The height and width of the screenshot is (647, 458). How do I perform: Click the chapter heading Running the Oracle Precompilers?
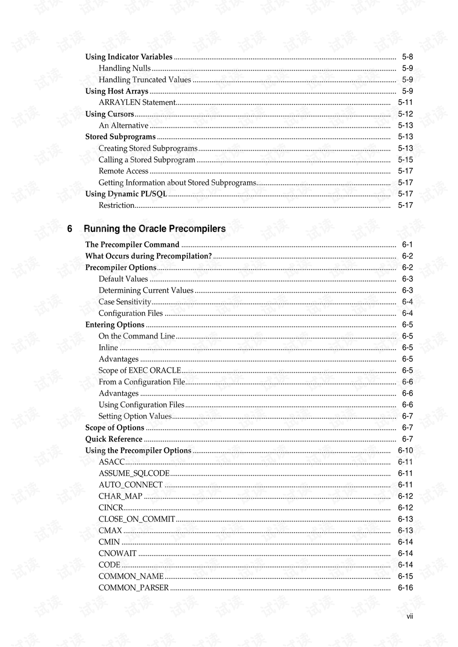(x=155, y=229)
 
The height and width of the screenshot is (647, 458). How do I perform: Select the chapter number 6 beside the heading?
(x=70, y=229)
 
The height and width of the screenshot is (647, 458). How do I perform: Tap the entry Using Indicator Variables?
(x=129, y=57)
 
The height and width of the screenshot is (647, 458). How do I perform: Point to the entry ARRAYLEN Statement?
(x=137, y=103)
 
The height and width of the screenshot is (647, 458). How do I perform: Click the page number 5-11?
(x=405, y=103)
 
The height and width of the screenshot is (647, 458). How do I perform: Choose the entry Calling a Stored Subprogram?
(x=147, y=160)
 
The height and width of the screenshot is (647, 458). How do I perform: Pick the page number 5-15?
(x=405, y=160)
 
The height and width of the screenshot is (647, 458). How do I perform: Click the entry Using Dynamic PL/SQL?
(x=126, y=194)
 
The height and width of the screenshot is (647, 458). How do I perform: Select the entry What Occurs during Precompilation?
(x=148, y=256)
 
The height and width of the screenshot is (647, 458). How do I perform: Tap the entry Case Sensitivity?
(x=125, y=302)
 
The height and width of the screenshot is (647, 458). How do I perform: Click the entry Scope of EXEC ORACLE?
(x=140, y=370)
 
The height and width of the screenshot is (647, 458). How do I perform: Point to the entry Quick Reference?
(x=114, y=439)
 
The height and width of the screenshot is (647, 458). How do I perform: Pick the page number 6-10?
(x=405, y=451)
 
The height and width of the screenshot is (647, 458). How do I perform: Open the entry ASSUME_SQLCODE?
(x=134, y=473)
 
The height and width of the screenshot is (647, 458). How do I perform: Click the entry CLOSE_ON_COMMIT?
(x=137, y=519)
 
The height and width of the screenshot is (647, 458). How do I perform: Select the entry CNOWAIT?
(x=117, y=554)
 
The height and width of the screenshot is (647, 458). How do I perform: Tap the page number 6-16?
(x=405, y=588)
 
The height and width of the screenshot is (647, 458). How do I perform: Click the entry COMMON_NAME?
(x=131, y=576)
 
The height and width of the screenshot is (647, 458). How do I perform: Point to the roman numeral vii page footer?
(x=409, y=616)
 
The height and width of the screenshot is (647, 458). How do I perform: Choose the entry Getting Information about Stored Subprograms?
(x=177, y=183)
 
